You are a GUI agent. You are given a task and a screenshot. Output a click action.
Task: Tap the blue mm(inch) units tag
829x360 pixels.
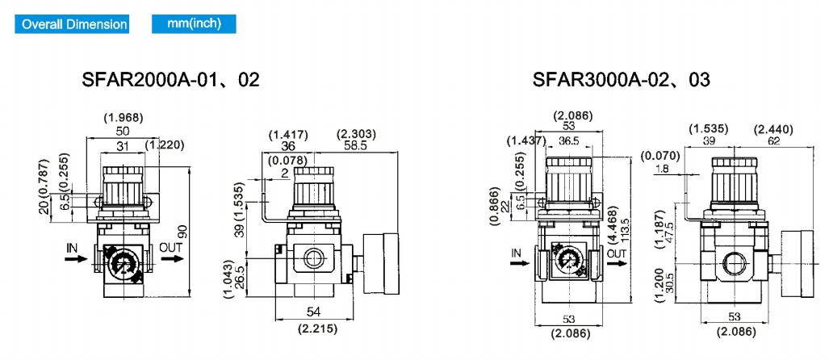[194, 23]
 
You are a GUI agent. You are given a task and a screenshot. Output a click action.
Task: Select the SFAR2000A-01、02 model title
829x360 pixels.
[171, 79]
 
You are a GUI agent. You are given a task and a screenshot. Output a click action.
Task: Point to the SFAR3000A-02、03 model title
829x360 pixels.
[622, 79]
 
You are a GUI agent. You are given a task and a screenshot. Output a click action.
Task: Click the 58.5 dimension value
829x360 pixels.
[354, 145]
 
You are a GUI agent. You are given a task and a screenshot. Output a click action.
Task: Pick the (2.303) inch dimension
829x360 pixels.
[356, 134]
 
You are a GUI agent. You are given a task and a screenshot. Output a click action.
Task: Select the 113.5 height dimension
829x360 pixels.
[626, 229]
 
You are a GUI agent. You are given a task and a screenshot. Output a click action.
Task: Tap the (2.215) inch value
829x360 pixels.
[317, 329]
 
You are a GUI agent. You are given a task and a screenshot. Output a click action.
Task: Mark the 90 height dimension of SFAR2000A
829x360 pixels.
[182, 232]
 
